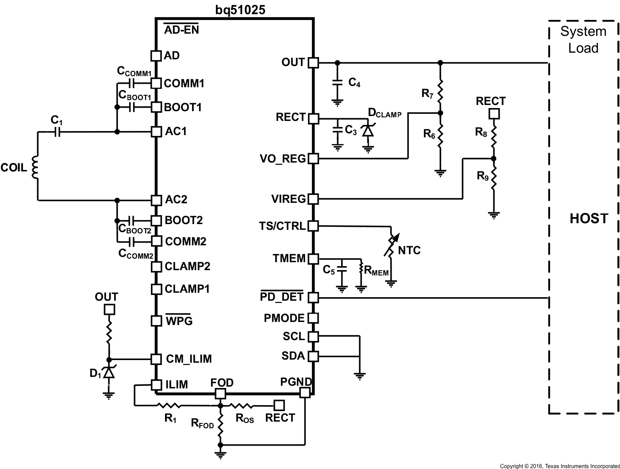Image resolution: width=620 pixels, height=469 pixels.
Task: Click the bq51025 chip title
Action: tap(240, 9)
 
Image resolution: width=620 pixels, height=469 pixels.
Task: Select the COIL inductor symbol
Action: tap(35, 168)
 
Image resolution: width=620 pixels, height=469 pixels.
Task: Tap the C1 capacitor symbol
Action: tap(57, 132)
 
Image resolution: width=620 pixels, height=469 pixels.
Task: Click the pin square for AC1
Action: tap(156, 132)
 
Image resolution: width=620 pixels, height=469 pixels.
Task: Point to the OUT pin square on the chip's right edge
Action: tap(313, 62)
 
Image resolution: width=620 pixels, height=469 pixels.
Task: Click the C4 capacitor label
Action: tap(354, 82)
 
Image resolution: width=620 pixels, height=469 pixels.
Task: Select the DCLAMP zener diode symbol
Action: tap(368, 131)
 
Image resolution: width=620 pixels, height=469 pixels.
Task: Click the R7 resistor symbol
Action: tap(440, 91)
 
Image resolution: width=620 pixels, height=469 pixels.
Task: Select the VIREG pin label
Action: tap(288, 199)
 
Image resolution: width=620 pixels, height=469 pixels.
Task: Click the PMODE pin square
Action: tap(313, 318)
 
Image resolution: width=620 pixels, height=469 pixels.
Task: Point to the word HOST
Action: tap(589, 218)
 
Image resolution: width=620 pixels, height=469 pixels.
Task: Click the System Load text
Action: tap(583, 40)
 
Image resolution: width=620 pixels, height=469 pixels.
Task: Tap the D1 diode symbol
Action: tap(108, 373)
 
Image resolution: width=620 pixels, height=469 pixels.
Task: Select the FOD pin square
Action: tap(220, 393)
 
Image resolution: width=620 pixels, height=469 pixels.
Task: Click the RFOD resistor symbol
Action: tap(220, 424)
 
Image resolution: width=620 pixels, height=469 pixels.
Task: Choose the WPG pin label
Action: tap(179, 321)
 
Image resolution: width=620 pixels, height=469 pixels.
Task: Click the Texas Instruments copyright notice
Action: tap(559, 466)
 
